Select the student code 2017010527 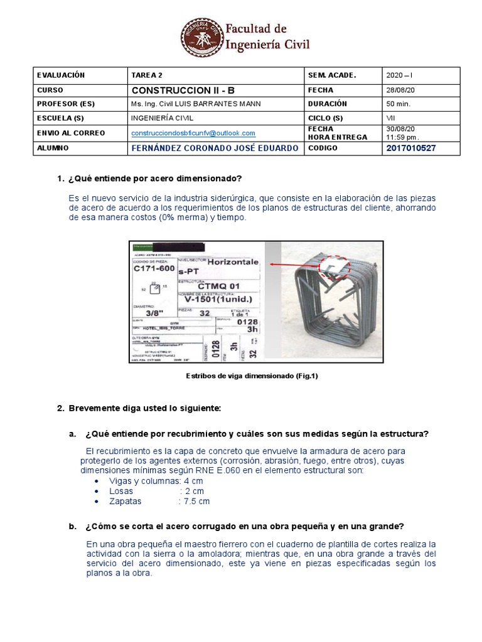coord(412,148)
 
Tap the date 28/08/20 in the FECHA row coord(400,90)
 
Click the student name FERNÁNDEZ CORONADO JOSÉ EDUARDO coord(214,148)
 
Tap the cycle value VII coord(391,118)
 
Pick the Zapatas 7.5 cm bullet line coord(159,501)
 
